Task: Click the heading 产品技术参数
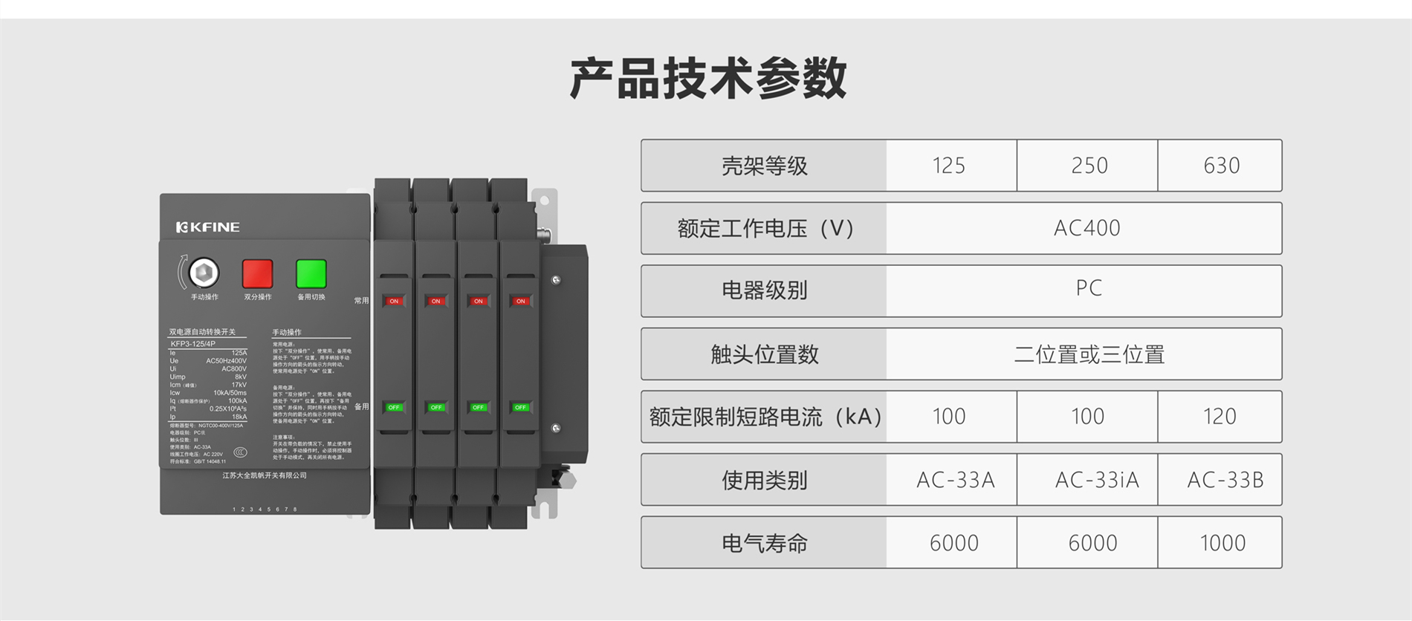[708, 78]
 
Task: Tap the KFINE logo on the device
[207, 227]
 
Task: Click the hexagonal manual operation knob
[204, 273]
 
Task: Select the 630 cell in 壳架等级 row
[1220, 165]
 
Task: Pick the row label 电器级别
[764, 290]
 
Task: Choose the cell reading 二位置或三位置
[1088, 354]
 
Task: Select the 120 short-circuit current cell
[1219, 417]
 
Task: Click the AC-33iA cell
[1096, 480]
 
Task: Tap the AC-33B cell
[1224, 480]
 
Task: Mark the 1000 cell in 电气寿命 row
[1222, 543]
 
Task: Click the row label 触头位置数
[764, 354]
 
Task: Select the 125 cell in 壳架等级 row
[948, 165]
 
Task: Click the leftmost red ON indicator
[394, 301]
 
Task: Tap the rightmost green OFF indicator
[520, 407]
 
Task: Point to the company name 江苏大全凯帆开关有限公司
[265, 475]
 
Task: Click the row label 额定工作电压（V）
[764, 228]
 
